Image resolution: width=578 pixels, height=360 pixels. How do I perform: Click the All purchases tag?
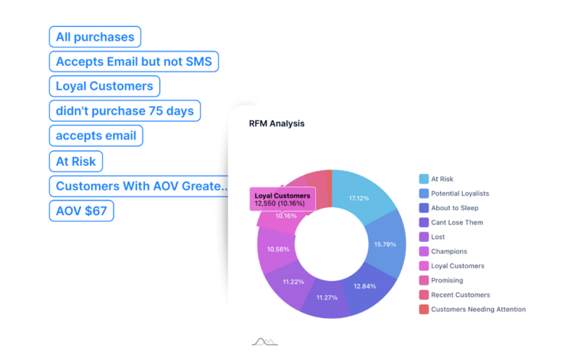coord(95,37)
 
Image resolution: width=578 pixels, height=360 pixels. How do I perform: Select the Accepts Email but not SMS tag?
coord(133,61)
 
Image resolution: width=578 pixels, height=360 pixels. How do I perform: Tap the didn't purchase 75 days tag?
coord(125,111)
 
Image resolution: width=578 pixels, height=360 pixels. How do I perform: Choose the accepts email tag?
coord(96,136)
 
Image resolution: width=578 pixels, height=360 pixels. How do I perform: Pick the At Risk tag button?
coord(76,161)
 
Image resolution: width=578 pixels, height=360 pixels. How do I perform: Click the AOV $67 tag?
coord(81,211)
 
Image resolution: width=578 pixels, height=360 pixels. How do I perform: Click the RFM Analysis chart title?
coord(277,124)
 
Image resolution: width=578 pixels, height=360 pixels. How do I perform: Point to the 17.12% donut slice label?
coord(359,198)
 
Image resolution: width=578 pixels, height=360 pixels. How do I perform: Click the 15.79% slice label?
coord(385,244)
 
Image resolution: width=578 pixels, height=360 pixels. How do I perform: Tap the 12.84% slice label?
coord(365,286)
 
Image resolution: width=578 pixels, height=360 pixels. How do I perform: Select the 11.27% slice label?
coord(327,297)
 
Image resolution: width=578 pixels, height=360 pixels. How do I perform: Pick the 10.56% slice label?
coord(278,250)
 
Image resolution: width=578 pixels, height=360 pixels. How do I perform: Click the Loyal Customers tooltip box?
coord(282,199)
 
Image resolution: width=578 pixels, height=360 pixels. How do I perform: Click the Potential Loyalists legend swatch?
coord(424,193)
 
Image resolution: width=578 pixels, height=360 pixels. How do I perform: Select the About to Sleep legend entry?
coord(449,208)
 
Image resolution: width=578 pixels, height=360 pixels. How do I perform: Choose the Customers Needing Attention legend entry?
coord(473,310)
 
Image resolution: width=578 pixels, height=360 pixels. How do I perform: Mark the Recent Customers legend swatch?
coord(424,295)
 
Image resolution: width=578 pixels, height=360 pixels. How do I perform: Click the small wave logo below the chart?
coord(265,342)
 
